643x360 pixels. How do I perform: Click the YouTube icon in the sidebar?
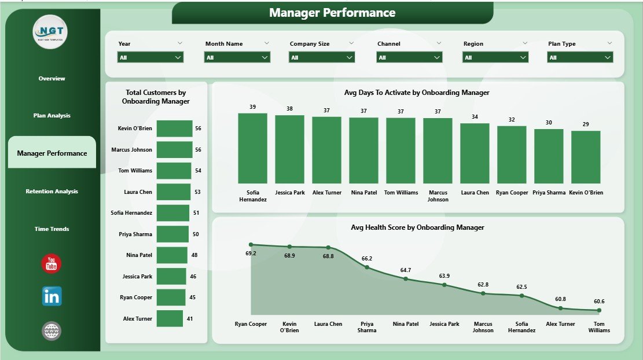[x=52, y=263]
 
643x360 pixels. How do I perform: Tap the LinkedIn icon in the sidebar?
[x=52, y=296]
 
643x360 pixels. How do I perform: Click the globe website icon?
[x=52, y=331]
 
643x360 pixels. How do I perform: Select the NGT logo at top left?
[x=50, y=32]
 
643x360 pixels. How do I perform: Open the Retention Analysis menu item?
[x=52, y=191]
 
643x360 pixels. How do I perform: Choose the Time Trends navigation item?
[x=52, y=229]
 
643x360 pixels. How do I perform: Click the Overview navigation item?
[x=52, y=78]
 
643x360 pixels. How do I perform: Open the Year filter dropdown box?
[x=150, y=57]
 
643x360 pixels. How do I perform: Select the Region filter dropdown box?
[x=495, y=57]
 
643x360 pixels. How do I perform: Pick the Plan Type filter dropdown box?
[x=580, y=57]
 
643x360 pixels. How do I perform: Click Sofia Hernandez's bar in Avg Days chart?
[x=253, y=148]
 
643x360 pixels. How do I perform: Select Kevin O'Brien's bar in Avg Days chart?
[x=586, y=157]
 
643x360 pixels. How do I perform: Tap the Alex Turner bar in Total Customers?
[x=170, y=318]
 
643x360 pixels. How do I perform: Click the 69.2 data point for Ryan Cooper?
[x=251, y=244]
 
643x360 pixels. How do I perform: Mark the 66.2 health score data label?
[x=366, y=258]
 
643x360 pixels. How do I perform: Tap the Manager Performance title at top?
[x=332, y=13]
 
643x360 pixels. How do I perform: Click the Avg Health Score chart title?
[x=417, y=227]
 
